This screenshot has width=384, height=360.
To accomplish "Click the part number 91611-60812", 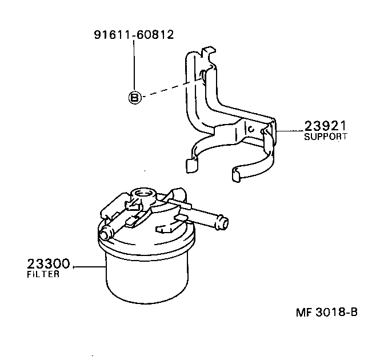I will (134, 35).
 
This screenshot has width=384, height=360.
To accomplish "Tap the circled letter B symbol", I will (134, 98).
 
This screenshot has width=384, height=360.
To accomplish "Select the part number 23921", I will (326, 126).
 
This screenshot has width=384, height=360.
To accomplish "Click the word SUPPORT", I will (325, 137).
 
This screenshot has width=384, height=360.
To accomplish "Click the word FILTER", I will (43, 274).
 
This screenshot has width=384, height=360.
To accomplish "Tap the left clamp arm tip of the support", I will (191, 165).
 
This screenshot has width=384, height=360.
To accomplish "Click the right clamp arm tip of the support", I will (238, 173).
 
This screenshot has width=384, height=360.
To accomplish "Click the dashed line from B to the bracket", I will (169, 89).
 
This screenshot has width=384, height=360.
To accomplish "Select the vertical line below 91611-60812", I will (134, 66).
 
